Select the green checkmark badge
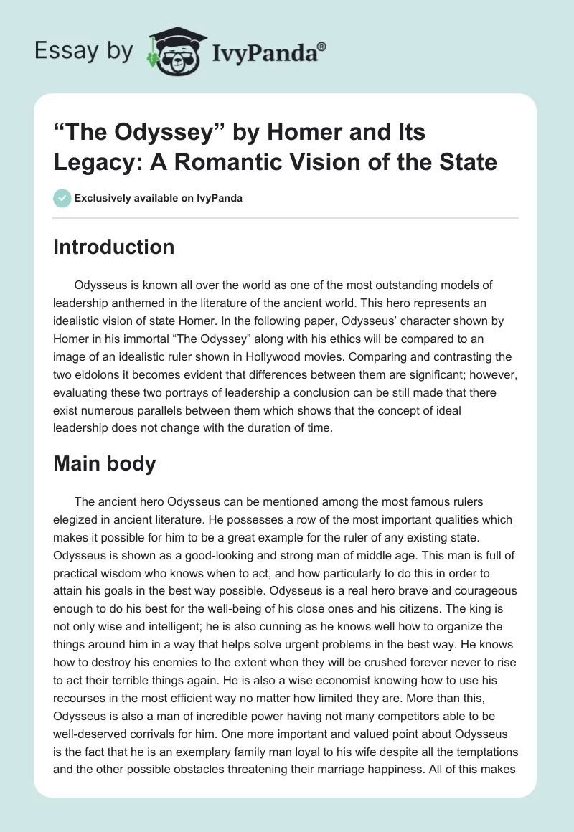click(62, 198)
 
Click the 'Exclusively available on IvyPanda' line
click(159, 198)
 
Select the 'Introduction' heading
click(113, 247)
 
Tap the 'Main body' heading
click(105, 463)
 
